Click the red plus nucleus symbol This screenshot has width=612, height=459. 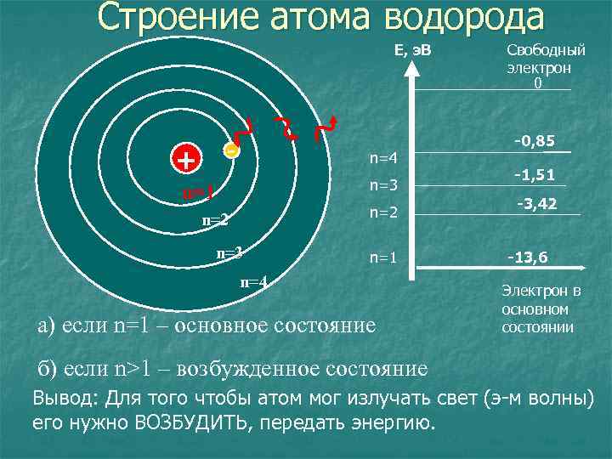(x=184, y=158)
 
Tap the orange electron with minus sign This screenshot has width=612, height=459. (x=230, y=150)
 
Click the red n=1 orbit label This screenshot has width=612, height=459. (x=197, y=193)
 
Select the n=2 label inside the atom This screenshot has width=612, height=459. (x=216, y=221)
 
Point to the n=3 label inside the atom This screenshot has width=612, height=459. (x=230, y=252)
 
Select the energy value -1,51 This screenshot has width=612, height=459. (x=534, y=175)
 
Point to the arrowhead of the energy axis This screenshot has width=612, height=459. (x=412, y=70)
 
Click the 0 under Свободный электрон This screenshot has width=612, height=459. (x=537, y=83)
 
